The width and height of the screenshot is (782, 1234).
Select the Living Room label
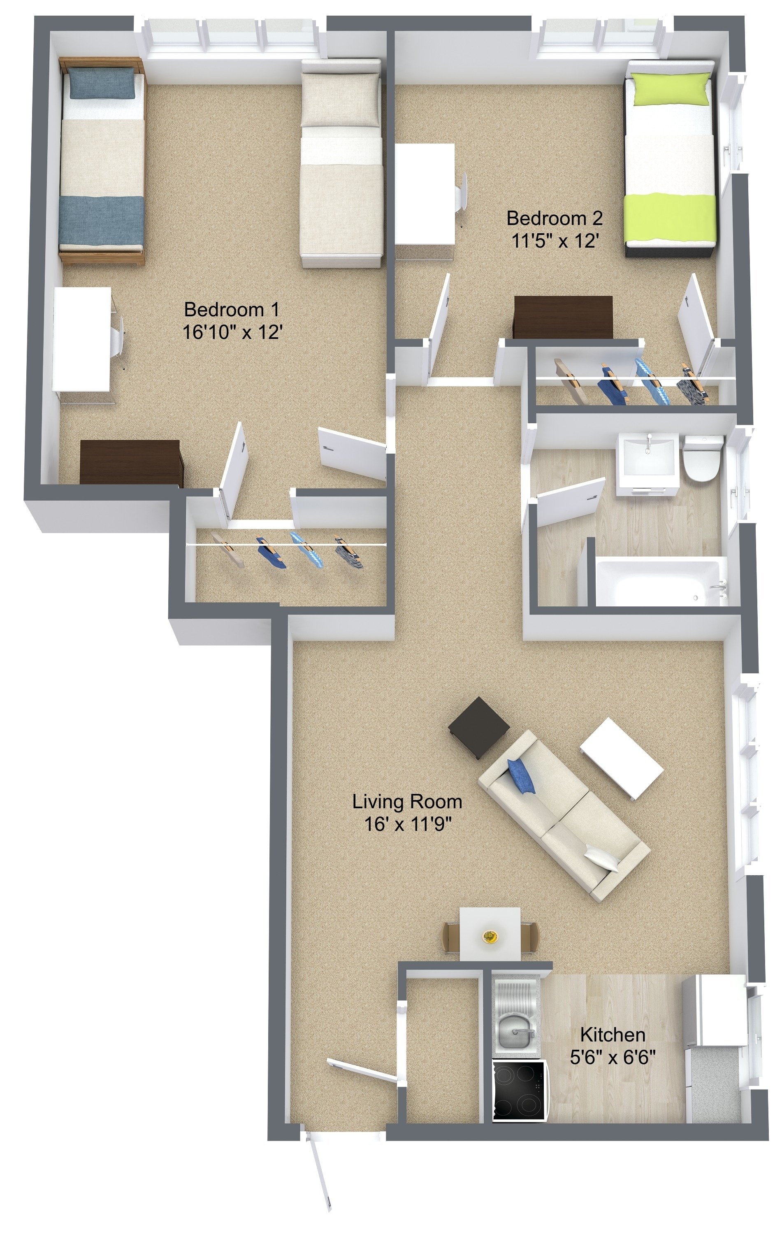click(407, 801)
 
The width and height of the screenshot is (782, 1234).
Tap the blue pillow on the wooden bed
click(102, 84)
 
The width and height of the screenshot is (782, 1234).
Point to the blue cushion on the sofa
click(521, 776)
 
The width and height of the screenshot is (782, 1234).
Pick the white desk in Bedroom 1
click(82, 339)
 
